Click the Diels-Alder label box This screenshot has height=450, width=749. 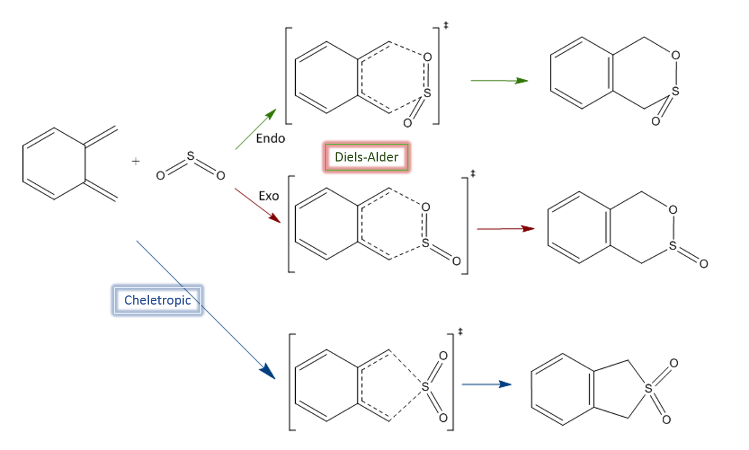tap(366, 157)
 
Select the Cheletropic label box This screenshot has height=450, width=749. tap(157, 300)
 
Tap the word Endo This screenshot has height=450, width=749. tap(270, 139)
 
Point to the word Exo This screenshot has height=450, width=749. tap(269, 196)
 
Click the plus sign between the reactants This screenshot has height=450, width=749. tap(136, 162)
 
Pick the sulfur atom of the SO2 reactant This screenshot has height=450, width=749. tap(190, 155)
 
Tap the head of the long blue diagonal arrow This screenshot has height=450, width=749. tap(267, 372)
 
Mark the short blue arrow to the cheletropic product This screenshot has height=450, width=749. tap(487, 384)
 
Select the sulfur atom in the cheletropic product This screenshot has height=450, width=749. tap(649, 389)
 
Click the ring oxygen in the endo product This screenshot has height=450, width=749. tap(675, 55)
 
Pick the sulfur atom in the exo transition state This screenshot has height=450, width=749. tap(426, 244)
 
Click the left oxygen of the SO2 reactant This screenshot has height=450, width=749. tap(160, 176)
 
